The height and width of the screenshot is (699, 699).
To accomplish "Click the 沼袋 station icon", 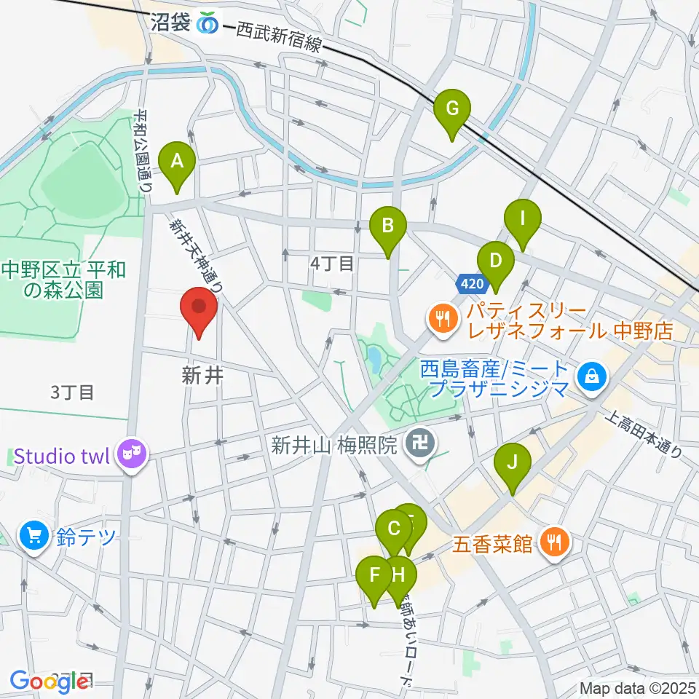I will click(208, 23).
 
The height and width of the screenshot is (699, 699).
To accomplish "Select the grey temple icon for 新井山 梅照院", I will click(417, 445).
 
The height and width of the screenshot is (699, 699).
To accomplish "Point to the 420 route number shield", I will click(470, 283).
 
